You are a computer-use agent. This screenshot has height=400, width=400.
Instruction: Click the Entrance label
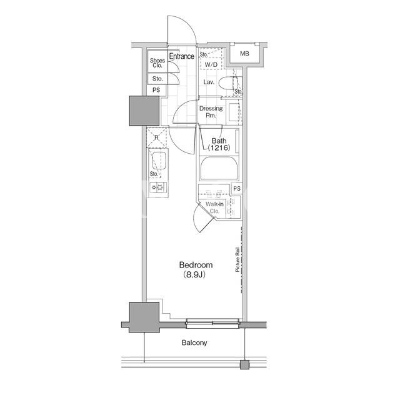[182, 56]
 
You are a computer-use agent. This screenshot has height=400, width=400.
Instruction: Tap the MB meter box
[244, 54]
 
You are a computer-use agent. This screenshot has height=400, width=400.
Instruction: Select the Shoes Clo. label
[157, 62]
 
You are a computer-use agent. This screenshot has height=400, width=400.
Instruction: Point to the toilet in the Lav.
[229, 83]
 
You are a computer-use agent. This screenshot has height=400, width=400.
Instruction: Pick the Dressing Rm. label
[211, 112]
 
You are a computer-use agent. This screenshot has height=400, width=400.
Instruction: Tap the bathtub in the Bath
[219, 169]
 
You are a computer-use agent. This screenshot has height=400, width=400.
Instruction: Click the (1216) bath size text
[219, 147]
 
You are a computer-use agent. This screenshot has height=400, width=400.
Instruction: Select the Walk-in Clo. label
[214, 207]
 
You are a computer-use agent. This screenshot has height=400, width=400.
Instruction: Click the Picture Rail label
[237, 259]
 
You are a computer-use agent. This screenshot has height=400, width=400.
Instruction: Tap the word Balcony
[194, 342]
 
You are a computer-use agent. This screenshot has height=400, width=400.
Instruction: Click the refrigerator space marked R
[157, 137]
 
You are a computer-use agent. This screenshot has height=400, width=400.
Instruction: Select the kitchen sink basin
[159, 161]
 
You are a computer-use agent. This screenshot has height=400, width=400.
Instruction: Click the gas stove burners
[158, 187]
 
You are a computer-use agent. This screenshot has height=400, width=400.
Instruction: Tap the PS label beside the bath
[237, 188]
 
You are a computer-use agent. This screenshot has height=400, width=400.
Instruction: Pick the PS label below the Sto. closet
[156, 90]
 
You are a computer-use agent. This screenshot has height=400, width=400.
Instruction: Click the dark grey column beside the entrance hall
[144, 111]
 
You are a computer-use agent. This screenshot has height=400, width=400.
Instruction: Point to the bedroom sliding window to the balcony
[213, 324]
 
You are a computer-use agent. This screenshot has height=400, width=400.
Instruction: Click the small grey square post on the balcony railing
[244, 364]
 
